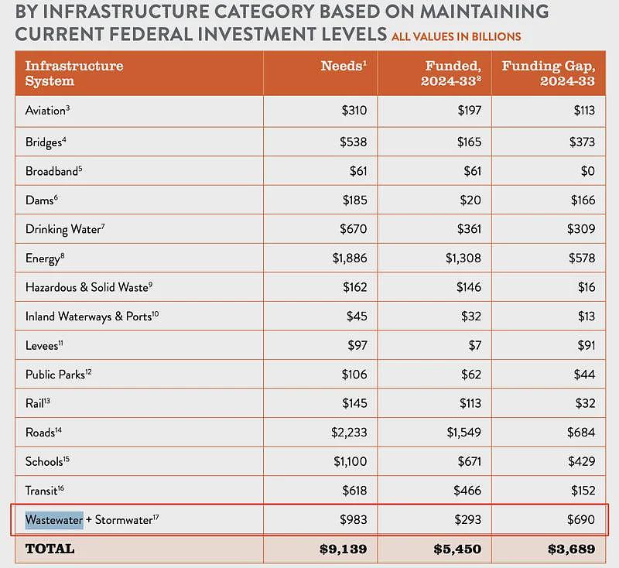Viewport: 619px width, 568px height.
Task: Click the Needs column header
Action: pos(344,66)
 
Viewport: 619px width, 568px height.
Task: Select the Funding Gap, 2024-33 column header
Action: pos(549,73)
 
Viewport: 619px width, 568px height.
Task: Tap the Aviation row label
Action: pos(47,110)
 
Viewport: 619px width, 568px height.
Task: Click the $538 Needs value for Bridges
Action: pos(354,142)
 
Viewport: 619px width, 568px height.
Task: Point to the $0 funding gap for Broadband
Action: pos(588,171)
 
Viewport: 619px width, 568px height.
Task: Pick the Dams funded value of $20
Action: pos(470,200)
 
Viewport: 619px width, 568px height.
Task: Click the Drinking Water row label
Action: pos(65,229)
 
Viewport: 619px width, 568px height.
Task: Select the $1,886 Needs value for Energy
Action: pos(350,258)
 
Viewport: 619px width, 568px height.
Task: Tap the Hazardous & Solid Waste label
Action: pos(89,287)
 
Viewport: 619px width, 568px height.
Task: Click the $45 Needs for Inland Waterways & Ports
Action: pos(357,317)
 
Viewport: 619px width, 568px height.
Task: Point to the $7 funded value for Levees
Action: pos(475,345)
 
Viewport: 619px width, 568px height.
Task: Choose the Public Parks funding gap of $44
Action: pos(585,375)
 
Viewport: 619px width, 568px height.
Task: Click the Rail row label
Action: pos(37,403)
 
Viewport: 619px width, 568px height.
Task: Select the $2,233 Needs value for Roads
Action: pos(349,433)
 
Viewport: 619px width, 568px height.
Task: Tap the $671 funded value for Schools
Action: pos(470,461)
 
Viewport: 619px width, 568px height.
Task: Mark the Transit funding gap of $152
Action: pos(583,491)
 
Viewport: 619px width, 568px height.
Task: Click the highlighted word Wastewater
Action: pos(54,520)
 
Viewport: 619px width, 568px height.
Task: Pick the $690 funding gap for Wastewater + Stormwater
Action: pos(581,519)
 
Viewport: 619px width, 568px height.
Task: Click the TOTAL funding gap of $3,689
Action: pos(571,549)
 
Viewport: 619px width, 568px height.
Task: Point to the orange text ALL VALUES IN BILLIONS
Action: pos(457,36)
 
